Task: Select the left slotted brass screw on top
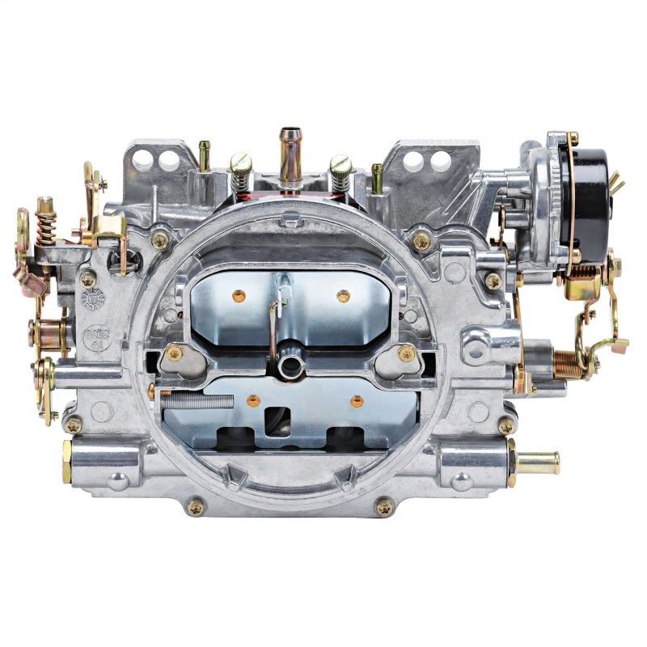(x=241, y=171)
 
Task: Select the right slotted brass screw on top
(x=340, y=171)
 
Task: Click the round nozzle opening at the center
(x=289, y=366)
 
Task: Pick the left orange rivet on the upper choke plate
(x=239, y=296)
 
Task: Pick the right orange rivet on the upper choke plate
(x=343, y=296)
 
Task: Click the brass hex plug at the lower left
(x=67, y=461)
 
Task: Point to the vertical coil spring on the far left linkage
(x=45, y=222)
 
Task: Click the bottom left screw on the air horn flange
(x=195, y=506)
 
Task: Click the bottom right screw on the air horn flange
(x=384, y=506)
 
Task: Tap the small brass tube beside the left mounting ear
(x=205, y=155)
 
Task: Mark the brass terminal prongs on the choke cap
(x=617, y=182)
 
